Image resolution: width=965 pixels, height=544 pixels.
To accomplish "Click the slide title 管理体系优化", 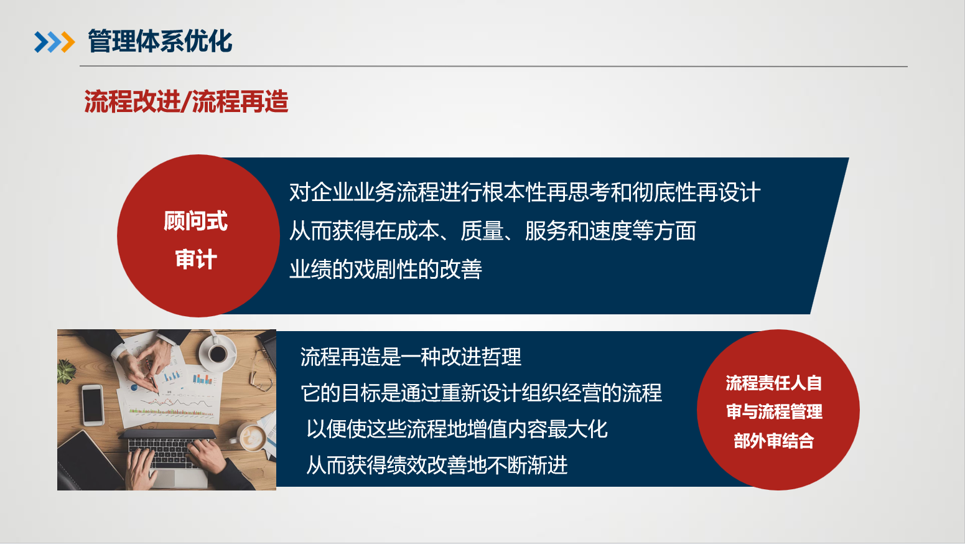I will (x=160, y=42).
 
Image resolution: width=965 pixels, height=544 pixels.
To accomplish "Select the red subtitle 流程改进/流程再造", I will (x=186, y=101).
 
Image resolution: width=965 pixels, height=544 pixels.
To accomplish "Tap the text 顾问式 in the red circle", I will (x=196, y=221).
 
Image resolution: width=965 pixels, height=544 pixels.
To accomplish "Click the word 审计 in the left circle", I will (x=196, y=259).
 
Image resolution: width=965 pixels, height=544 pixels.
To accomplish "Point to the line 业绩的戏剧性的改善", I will (x=386, y=270).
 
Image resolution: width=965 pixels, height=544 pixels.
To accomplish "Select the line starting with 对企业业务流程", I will (x=524, y=192).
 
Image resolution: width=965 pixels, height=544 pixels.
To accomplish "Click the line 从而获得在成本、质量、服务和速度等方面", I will (x=492, y=231).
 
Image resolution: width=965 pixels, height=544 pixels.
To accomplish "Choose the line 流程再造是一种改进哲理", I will (x=411, y=357).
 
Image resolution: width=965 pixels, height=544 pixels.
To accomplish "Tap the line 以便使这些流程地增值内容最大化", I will (x=457, y=429).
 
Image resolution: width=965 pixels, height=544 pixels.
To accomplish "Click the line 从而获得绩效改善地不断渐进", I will (x=437, y=465).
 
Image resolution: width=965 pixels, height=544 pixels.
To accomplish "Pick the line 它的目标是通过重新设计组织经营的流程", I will (x=481, y=393).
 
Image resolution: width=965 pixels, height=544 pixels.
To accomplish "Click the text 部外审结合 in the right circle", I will (x=773, y=441).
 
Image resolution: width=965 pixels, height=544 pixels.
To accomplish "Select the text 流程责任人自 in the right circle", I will (x=773, y=383).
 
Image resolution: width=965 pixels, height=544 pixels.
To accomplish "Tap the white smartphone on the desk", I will (x=93, y=405).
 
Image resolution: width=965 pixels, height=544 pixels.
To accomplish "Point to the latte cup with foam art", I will (x=253, y=438).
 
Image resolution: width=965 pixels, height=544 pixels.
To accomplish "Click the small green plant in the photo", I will (x=66, y=372).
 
